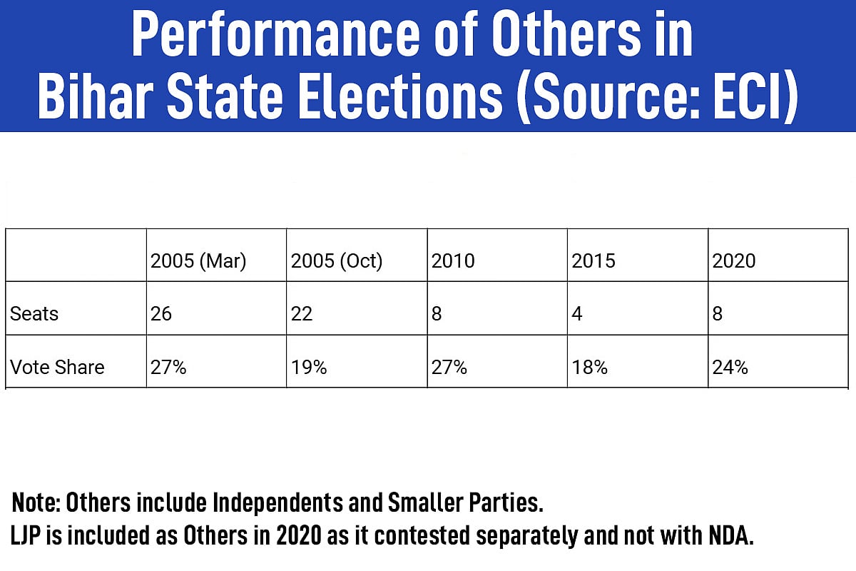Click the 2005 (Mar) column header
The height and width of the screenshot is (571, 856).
click(x=198, y=261)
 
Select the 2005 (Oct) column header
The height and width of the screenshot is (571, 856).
click(x=337, y=261)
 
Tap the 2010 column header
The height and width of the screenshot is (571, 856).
click(x=453, y=261)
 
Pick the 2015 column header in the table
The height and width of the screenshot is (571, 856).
click(x=593, y=261)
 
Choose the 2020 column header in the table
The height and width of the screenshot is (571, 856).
click(x=734, y=261)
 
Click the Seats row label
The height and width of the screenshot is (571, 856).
click(x=34, y=314)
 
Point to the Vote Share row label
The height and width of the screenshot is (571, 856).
click(x=57, y=368)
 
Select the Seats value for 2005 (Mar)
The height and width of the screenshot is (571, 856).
click(x=161, y=314)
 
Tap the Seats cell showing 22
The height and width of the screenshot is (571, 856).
click(x=302, y=314)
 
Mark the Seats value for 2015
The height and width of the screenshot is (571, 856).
click(x=577, y=314)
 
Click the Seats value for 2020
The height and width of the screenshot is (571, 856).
click(x=718, y=314)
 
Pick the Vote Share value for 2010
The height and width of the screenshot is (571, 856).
click(x=449, y=368)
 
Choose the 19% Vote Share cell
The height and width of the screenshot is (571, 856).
click(x=309, y=368)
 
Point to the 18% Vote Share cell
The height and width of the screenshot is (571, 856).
click(x=590, y=368)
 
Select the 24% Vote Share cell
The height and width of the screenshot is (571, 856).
click(x=730, y=368)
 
